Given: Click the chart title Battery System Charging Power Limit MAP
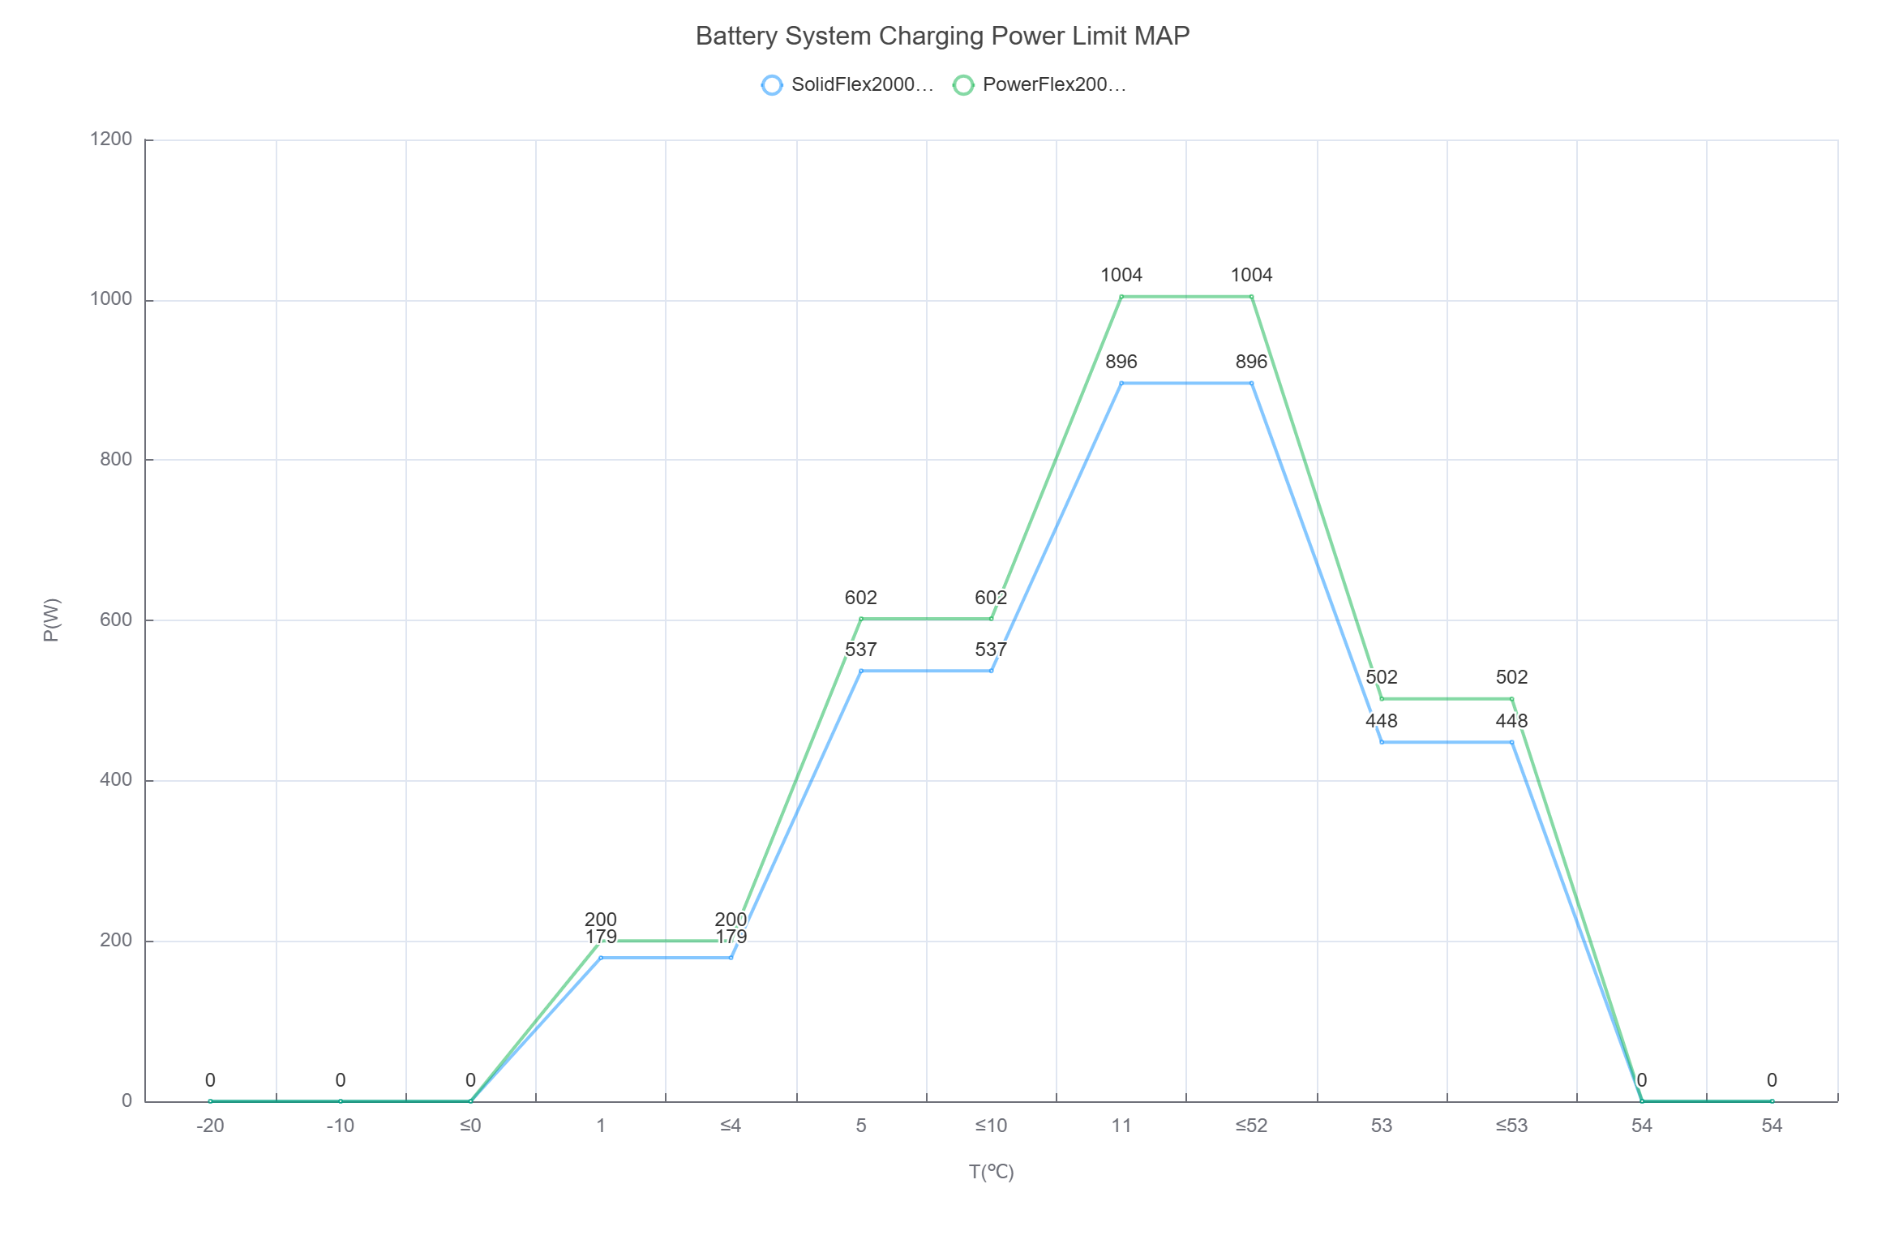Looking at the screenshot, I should tap(942, 36).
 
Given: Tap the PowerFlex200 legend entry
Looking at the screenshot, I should tap(1039, 84).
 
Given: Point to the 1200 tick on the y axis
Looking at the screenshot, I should tap(111, 139).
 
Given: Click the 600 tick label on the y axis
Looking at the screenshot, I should tap(116, 620).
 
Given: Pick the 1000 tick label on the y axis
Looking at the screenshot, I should tap(111, 299).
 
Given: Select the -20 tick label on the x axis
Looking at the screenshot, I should tap(210, 1126).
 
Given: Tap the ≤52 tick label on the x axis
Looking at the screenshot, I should tap(1251, 1126).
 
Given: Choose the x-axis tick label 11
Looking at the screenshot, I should tap(1121, 1126).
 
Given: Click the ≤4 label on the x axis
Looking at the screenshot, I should tap(731, 1126).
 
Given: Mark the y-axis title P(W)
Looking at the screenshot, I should tap(51, 620).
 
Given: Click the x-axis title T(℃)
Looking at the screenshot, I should tap(991, 1172).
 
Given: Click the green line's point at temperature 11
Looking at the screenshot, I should tap(1121, 297).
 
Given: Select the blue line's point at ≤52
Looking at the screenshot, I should tap(1251, 384).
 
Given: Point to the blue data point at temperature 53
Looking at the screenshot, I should tap(1382, 742).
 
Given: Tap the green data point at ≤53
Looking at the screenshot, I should tap(1511, 699).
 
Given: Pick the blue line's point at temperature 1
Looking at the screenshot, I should tap(601, 958).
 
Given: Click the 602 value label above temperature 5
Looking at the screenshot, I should tap(861, 598).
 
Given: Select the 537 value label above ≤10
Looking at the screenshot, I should tap(991, 650).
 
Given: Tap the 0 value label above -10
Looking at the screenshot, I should tap(341, 1080).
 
